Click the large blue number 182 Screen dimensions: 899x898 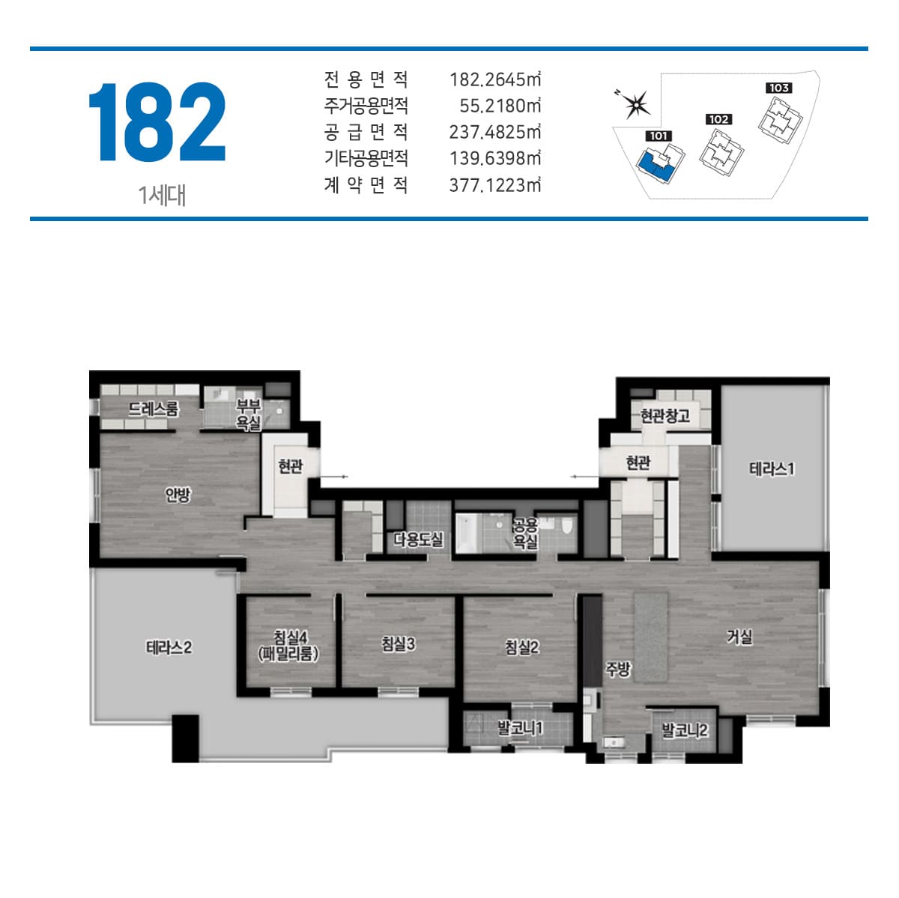(x=157, y=122)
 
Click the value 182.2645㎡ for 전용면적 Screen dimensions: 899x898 (x=495, y=79)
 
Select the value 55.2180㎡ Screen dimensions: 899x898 (x=500, y=106)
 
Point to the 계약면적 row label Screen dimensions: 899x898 (x=366, y=185)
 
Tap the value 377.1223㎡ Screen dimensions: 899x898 (x=495, y=185)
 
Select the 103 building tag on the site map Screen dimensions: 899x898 (x=778, y=88)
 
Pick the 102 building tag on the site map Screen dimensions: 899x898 (x=718, y=119)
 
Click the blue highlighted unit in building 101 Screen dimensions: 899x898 (x=655, y=166)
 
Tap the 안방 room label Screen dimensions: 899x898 (x=178, y=495)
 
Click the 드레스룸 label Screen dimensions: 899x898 (x=154, y=409)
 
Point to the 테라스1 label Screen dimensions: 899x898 (x=771, y=468)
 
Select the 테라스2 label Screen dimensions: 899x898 (x=169, y=647)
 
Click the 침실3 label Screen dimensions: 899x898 (x=398, y=644)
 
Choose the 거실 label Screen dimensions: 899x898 (x=739, y=636)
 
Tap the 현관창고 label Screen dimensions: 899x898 (x=665, y=415)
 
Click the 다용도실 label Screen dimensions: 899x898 (x=418, y=540)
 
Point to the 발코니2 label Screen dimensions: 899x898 (x=685, y=730)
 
